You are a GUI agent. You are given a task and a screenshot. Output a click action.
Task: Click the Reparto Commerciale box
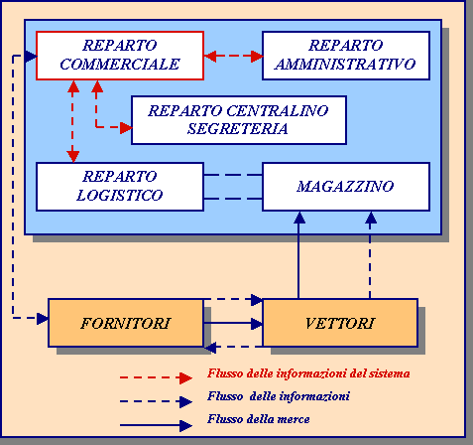point(120,56)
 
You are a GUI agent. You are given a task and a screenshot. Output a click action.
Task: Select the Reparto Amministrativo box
point(346,56)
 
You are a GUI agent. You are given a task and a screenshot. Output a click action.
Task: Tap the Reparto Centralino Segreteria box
point(239,120)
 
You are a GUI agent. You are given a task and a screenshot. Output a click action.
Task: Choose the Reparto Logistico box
point(120,187)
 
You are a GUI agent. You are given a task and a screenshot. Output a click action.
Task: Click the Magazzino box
point(346,187)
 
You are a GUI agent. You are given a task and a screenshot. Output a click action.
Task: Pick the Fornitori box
point(126,323)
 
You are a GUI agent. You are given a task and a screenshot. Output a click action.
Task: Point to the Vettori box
point(340,323)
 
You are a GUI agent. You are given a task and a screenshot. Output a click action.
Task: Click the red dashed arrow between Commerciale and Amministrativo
point(233,56)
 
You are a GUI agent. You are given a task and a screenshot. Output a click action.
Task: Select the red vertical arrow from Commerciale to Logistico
point(72,121)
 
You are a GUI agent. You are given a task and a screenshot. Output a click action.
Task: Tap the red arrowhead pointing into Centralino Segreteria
point(126,127)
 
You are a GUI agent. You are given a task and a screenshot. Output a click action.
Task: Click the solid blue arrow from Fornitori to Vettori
point(233,323)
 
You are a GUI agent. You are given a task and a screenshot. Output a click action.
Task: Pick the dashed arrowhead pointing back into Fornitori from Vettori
point(210,348)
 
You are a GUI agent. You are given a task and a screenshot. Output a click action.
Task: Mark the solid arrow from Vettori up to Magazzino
point(298,255)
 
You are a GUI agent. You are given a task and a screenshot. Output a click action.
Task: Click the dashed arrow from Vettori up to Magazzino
point(370,255)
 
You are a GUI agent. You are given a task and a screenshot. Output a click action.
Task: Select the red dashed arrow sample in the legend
point(156,377)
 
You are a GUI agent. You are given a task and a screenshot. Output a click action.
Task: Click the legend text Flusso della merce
point(259,419)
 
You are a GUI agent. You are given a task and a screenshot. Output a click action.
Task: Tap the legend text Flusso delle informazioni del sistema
point(308,373)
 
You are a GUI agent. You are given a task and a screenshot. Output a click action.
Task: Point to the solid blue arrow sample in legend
point(156,425)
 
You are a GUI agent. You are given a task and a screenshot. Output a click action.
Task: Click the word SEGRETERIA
point(237,129)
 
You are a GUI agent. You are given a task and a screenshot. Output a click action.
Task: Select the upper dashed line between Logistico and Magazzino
point(233,175)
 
